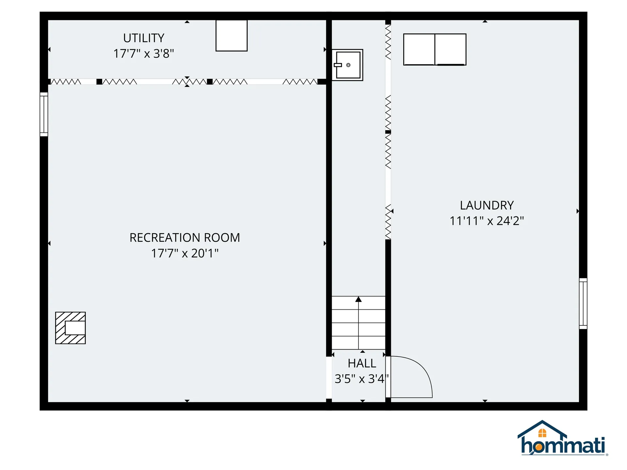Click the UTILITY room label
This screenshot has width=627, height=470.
pos(144,38)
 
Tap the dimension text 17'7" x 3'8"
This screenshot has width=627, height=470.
pos(144,54)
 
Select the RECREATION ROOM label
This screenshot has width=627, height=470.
pos(185,238)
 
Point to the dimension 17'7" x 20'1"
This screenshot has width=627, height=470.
pos(185,253)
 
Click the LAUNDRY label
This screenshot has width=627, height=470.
pos(487,205)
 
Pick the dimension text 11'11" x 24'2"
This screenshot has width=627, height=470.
pos(487,221)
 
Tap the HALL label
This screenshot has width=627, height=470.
pos(362,363)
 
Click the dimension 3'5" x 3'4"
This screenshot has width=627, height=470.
pos(361,379)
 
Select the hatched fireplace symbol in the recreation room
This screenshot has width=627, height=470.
pos(71,328)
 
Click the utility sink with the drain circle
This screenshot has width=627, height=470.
pos(348,65)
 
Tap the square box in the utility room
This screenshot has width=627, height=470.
pos(232,36)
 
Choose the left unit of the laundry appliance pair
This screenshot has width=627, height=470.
pos(419,49)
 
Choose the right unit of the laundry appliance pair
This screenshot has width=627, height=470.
pos(450,49)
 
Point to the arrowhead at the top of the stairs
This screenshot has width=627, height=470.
pos(359,299)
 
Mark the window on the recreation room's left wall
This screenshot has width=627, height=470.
pos(44,114)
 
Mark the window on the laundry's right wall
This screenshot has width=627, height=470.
pos(583,303)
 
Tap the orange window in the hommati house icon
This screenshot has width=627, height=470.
pos(542,433)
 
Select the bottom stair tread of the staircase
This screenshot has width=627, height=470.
pos(359,343)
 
